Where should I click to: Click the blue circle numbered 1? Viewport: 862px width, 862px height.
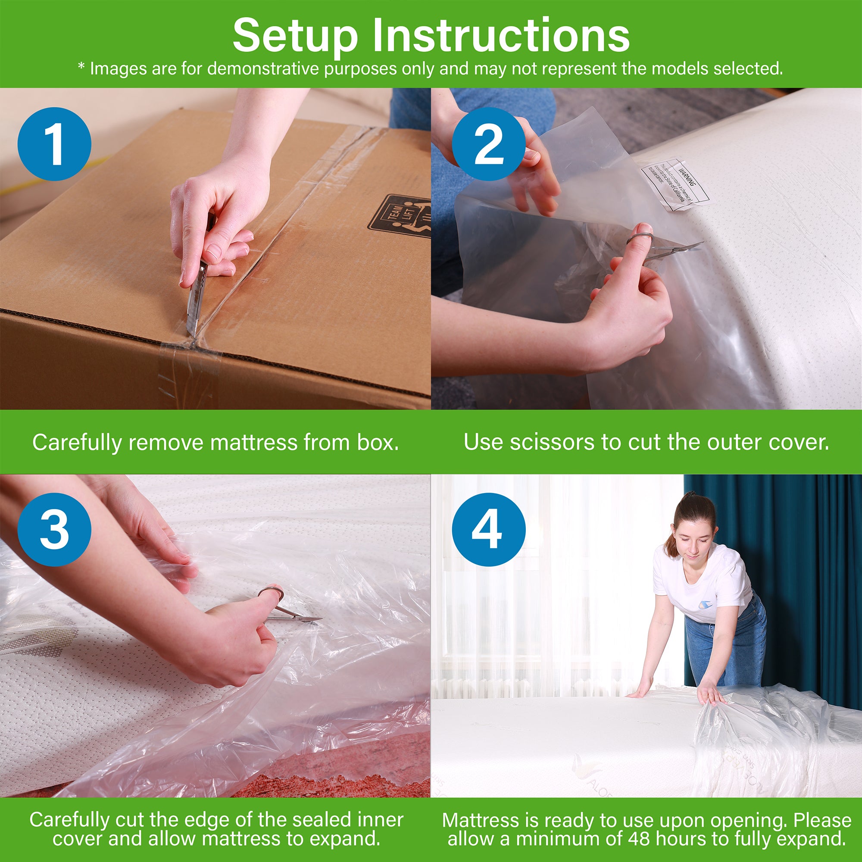pyautogui.click(x=54, y=144)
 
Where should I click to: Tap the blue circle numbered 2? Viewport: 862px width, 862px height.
pyautogui.click(x=489, y=144)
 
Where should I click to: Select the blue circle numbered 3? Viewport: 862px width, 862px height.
pyautogui.click(x=54, y=530)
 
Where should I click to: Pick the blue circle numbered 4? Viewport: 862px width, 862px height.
pyautogui.click(x=489, y=530)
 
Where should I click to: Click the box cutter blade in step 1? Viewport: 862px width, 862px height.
pyautogui.click(x=195, y=308)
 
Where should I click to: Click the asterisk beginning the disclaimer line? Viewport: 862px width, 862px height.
pyautogui.click(x=81, y=67)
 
